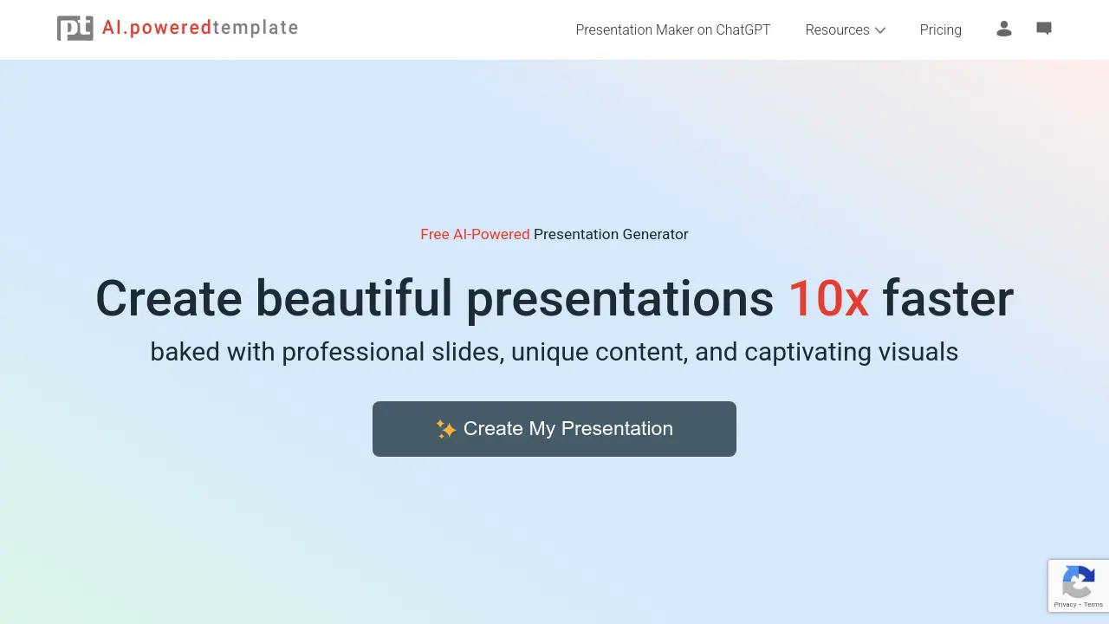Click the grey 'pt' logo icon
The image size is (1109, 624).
click(75, 29)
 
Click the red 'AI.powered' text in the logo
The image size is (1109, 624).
click(157, 28)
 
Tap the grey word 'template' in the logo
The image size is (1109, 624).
click(256, 28)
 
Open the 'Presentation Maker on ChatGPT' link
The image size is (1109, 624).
click(672, 29)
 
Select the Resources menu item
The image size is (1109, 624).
click(837, 29)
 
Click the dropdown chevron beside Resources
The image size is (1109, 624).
click(880, 30)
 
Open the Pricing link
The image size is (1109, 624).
click(940, 29)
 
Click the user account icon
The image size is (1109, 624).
click(1004, 29)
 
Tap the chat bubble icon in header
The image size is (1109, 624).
click(1044, 29)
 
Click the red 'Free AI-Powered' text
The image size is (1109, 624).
click(475, 234)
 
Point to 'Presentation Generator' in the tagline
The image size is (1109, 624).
click(611, 234)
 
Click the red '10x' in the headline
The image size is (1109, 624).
click(827, 299)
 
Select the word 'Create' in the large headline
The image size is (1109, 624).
click(168, 299)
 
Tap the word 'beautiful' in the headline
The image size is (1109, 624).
click(353, 299)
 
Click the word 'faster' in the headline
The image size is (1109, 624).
click(948, 299)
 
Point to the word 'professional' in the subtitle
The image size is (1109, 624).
click(353, 352)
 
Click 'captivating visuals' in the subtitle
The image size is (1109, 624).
click(851, 352)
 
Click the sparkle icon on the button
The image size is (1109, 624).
click(445, 429)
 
